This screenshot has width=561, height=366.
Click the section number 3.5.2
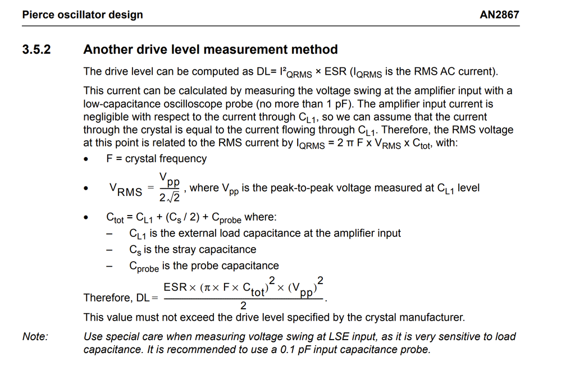37,49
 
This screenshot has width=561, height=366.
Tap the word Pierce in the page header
38,15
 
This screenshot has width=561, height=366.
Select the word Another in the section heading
106,49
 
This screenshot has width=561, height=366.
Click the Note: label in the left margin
35,337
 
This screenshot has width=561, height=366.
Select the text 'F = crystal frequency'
157,159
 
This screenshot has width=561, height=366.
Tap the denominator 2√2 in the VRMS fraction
170,198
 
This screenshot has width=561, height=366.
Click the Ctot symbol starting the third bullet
115,218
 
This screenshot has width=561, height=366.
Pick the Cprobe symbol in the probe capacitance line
144,267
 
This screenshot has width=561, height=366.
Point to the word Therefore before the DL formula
107,298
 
